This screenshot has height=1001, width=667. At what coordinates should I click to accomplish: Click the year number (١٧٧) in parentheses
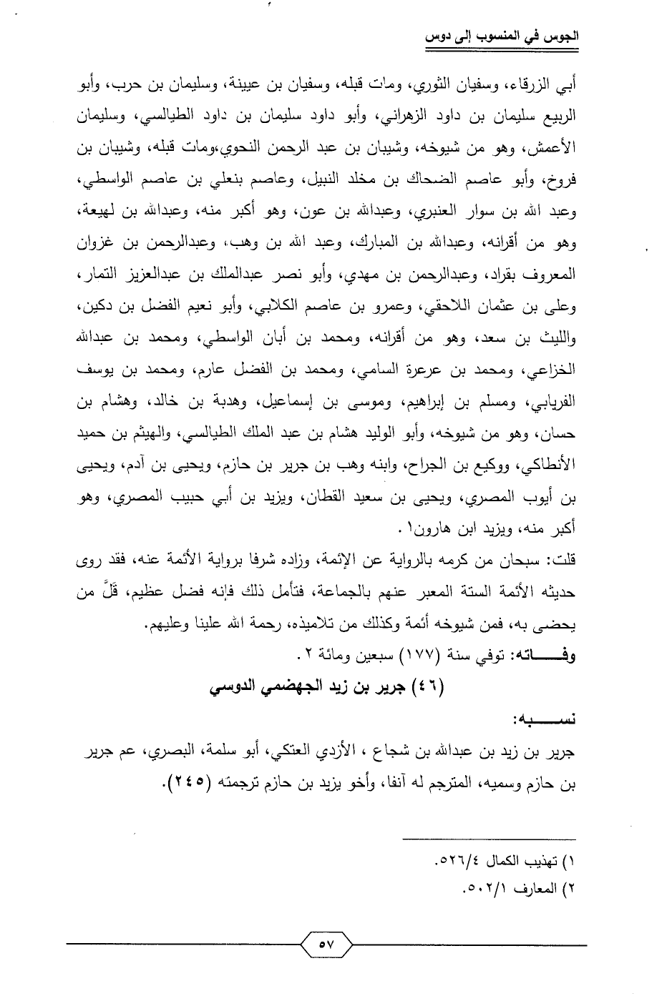[401, 656]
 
